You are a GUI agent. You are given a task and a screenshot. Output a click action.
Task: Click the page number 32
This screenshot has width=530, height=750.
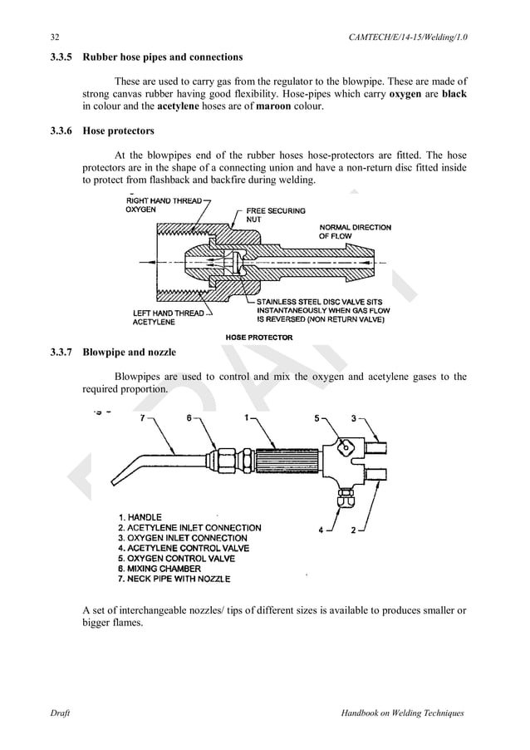(55, 37)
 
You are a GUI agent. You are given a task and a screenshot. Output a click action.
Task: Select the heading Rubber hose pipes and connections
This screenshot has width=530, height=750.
(163, 57)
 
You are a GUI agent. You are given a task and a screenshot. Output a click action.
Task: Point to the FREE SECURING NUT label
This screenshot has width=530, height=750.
(275, 215)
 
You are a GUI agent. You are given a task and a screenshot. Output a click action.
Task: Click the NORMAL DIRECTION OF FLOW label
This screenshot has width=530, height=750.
(355, 232)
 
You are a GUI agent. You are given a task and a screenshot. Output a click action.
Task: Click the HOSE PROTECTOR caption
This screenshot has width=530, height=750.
(259, 337)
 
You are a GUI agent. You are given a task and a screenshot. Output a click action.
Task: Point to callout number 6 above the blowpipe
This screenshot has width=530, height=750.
(189, 419)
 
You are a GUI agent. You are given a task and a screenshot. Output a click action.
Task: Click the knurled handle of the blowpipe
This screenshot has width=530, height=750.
(278, 458)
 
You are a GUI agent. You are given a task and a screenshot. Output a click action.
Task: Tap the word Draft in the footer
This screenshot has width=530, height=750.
(59, 713)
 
